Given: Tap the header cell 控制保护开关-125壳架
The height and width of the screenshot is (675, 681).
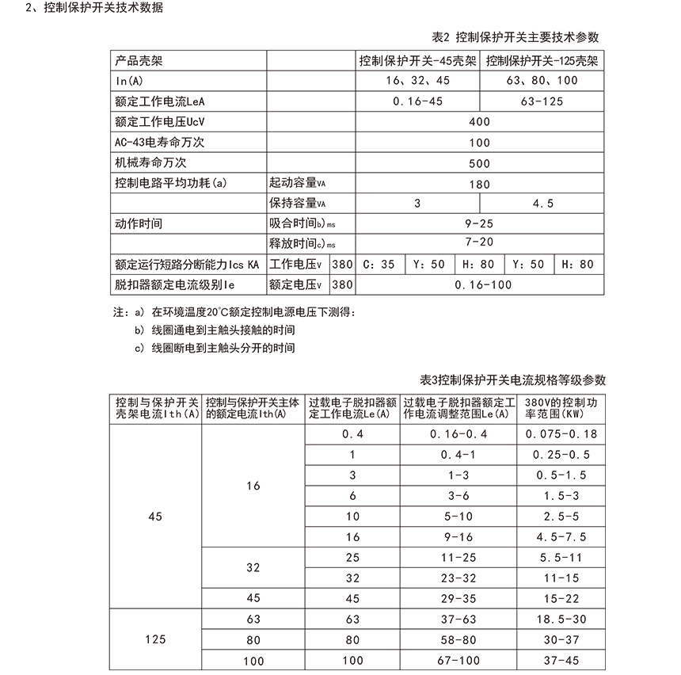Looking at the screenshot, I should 542,60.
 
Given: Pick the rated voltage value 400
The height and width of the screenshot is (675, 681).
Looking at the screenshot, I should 479,122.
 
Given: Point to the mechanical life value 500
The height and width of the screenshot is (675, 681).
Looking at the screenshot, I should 479,163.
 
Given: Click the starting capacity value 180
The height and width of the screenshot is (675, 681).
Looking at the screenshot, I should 479,184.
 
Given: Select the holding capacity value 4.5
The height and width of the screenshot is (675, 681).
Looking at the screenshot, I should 542,204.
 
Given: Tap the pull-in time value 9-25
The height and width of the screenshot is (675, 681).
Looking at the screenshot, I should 479,224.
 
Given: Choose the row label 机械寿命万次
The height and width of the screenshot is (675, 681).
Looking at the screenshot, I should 150,163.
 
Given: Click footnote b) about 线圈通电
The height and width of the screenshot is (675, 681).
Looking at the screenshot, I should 215,330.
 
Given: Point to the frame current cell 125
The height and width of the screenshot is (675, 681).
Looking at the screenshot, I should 155,639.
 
